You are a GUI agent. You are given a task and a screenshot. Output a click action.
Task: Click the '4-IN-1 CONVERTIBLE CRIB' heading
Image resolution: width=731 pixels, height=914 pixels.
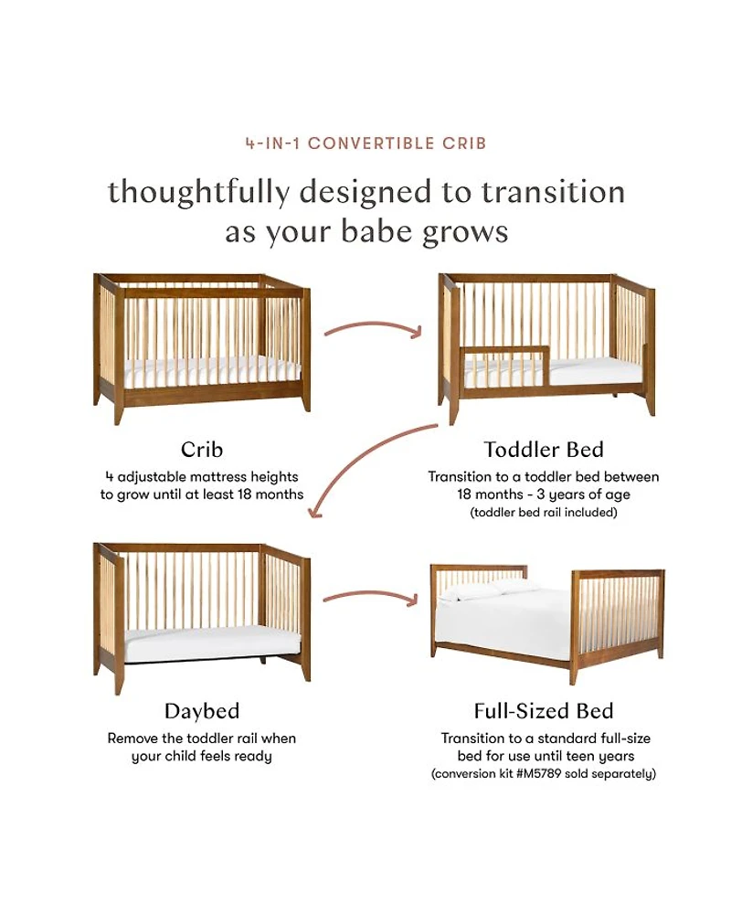365,143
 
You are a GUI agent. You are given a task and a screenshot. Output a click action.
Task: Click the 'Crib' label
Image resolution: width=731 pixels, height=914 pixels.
202,450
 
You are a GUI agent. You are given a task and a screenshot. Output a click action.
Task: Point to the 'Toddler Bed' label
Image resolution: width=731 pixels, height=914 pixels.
544,450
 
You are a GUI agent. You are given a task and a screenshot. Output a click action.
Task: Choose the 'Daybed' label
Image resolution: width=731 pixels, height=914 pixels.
202,711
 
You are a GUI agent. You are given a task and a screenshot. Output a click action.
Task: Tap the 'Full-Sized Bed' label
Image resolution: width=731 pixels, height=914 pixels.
544,711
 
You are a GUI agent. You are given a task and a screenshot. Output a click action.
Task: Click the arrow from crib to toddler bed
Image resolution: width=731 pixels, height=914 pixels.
373,325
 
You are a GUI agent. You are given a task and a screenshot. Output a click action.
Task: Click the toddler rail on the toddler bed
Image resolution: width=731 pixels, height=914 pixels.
504,367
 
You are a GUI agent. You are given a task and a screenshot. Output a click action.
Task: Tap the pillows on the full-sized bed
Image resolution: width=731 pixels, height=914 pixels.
489,589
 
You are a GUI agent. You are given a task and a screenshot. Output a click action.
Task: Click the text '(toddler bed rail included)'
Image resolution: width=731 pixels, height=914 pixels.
544,513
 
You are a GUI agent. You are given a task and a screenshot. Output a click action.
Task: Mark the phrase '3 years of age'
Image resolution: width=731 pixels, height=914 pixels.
583,494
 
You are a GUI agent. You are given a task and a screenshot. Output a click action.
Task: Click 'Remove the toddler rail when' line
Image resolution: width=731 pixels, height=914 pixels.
202,739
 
